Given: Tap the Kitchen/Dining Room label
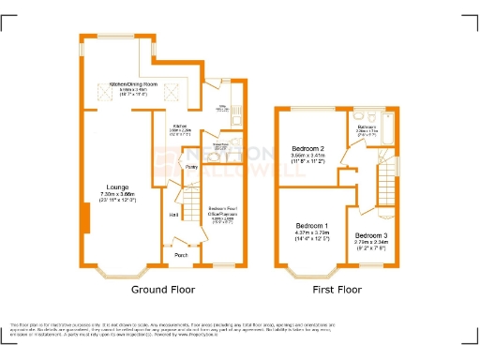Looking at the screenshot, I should click(141, 82).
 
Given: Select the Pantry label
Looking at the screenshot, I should click(190, 169).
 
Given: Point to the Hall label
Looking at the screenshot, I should click(173, 216).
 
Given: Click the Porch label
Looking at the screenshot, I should click(181, 253).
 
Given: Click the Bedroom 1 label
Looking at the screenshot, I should click(312, 226).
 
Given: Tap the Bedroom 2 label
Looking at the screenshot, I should click(307, 149).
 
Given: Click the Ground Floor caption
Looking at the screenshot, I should click(162, 290).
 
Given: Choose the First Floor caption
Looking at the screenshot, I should click(337, 290).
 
